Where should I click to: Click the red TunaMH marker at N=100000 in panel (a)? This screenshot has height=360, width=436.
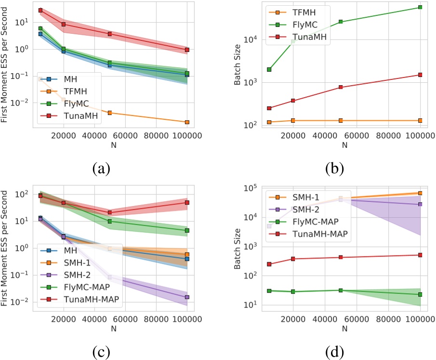coord(187,50)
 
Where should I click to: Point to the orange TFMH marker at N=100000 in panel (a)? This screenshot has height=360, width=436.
coord(187,122)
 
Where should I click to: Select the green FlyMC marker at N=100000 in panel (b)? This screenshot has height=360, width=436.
coord(421,7)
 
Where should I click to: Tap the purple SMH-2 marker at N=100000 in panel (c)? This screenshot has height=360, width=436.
coord(187,297)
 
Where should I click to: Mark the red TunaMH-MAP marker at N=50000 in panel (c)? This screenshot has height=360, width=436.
coord(110,212)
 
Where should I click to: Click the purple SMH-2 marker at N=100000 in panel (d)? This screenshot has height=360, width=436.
coord(421,204)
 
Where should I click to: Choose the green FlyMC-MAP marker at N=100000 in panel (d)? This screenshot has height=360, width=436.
coord(421,294)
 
